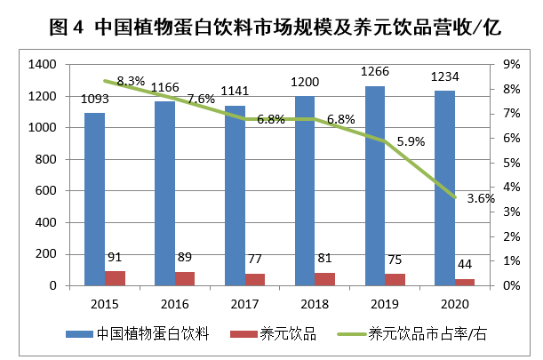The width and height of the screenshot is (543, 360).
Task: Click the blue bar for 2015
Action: [x=94, y=199]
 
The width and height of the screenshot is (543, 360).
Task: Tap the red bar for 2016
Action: [x=185, y=278]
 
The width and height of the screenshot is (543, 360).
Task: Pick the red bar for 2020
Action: [x=464, y=282]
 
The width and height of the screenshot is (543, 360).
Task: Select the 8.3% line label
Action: [x=132, y=81]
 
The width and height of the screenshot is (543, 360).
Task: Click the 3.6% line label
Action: [x=480, y=198]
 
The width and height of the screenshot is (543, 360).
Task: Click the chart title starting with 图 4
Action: [x=271, y=28]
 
